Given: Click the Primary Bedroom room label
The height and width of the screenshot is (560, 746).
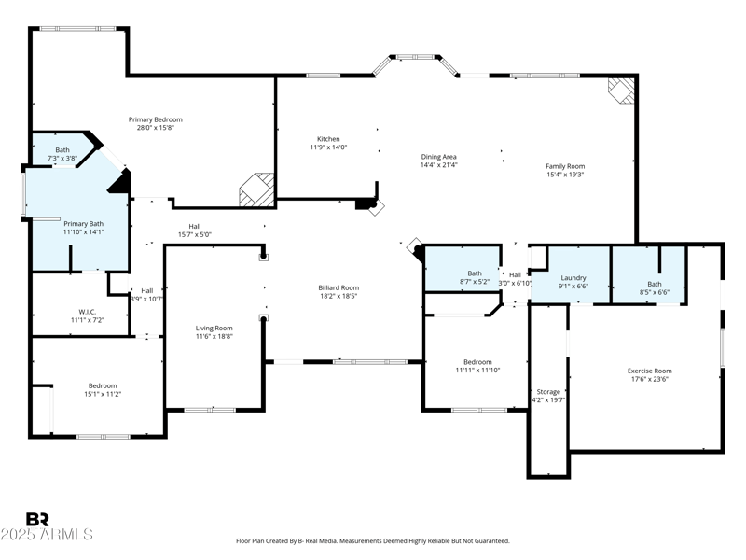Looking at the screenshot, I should pyautogui.click(x=155, y=119).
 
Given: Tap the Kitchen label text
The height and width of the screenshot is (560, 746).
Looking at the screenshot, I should pyautogui.click(x=328, y=139).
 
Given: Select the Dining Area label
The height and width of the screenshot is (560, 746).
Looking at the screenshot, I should pyautogui.click(x=438, y=157).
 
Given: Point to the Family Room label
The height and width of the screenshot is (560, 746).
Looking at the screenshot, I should pyautogui.click(x=565, y=166).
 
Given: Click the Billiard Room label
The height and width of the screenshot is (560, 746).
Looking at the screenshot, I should pyautogui.click(x=338, y=287).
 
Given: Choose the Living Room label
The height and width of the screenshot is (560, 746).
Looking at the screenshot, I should pyautogui.click(x=214, y=328).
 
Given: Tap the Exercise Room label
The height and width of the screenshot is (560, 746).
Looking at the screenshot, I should pyautogui.click(x=649, y=371).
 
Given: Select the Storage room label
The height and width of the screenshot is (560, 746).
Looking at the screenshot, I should pyautogui.click(x=548, y=391).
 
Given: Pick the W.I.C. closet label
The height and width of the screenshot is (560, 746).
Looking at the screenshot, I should pyautogui.click(x=88, y=312).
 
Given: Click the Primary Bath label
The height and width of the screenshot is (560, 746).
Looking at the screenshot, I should pyautogui.click(x=83, y=223).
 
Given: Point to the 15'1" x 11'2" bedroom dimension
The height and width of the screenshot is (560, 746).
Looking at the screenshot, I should pyautogui.click(x=104, y=394).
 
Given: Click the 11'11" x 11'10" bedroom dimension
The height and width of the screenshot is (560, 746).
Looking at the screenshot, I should pyautogui.click(x=477, y=371).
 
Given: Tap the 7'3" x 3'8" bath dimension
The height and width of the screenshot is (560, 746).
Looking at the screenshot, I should pyautogui.click(x=62, y=159).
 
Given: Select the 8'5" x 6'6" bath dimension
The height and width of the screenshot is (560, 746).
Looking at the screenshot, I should pyautogui.click(x=655, y=292).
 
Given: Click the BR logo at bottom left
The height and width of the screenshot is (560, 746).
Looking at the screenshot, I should pyautogui.click(x=37, y=519).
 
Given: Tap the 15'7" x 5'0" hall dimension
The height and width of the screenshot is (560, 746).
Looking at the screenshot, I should pyautogui.click(x=195, y=234).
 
